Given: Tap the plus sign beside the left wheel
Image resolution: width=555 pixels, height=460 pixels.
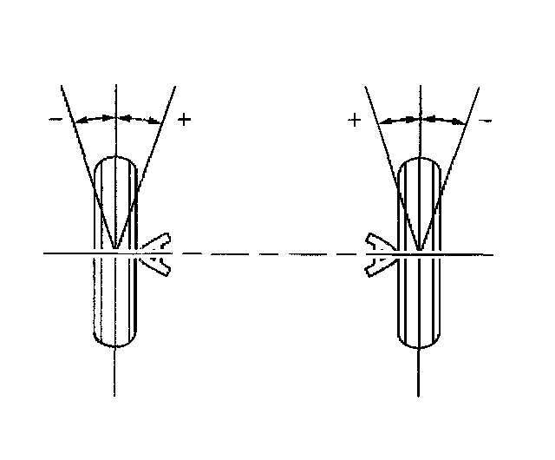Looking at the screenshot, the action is [183, 119].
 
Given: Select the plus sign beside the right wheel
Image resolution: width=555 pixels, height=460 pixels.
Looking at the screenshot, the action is [354, 121].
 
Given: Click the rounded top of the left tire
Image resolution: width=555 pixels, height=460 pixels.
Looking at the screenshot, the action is [115, 158].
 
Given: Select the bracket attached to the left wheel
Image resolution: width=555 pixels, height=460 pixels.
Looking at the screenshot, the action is [157, 253].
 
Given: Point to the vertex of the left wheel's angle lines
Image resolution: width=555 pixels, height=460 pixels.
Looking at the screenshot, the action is [115, 253].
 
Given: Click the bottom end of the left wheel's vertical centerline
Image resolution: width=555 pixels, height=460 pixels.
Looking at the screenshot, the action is [115, 396].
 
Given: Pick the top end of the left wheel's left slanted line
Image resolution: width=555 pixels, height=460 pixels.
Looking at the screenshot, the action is [61, 86].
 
